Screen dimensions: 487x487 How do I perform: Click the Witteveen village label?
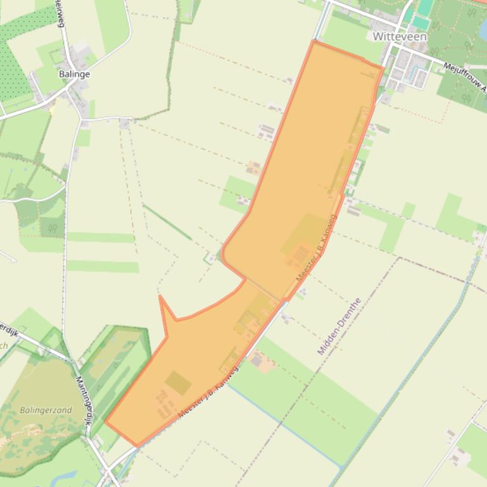[x=399, y=37]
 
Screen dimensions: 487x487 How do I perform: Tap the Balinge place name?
[x=74, y=74]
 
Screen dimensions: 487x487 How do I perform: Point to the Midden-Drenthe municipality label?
[x=338, y=326]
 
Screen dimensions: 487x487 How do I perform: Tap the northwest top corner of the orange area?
[x=314, y=41]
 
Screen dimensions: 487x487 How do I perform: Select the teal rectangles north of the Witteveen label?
[x=423, y=14]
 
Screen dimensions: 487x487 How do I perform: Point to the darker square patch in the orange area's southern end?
[x=178, y=382]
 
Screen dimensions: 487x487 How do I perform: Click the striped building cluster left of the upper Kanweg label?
[x=296, y=256]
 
